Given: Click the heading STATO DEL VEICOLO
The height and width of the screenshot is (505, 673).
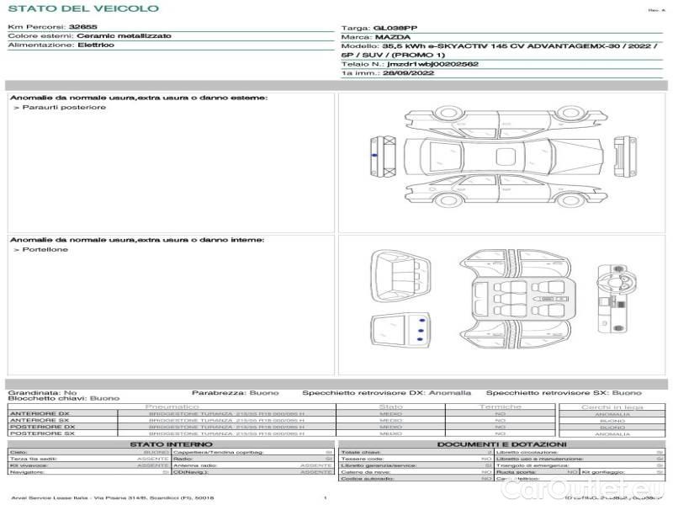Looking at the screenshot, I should pos(82,8).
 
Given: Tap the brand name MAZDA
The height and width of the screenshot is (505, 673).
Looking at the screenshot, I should pos(393,38).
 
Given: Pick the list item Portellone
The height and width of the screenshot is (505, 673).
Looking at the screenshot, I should pos(46,250).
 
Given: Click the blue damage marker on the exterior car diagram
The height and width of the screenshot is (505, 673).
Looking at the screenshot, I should pos(371,157).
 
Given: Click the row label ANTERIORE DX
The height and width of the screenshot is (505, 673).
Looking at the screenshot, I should pos(40,414).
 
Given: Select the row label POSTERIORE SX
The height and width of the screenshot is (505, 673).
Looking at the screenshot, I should pos(41,433).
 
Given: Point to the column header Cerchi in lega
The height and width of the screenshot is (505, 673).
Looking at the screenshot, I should pos(612,407).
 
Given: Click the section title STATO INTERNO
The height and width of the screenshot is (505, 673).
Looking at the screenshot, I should pos(172,444).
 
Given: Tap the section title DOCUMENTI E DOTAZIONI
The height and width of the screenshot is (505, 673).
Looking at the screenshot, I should pos(501,444).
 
